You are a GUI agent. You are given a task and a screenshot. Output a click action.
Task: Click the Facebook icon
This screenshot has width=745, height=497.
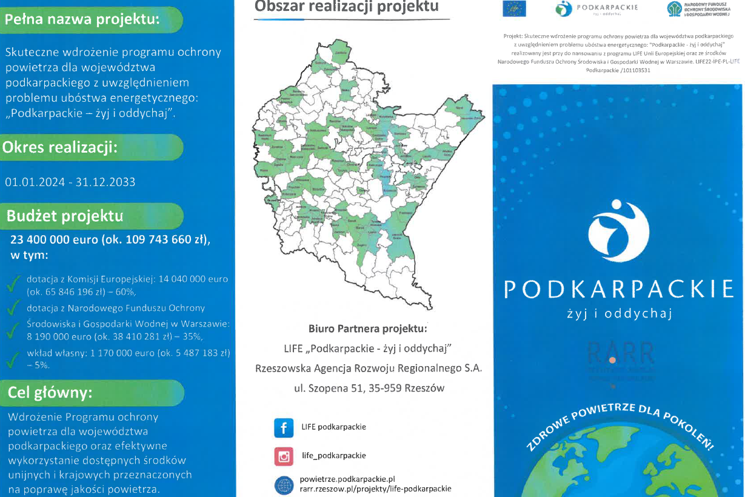pos(283,427)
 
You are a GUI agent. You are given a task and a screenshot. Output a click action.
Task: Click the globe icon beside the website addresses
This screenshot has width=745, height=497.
pos(283,485)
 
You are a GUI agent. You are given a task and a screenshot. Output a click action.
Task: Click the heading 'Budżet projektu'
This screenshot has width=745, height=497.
pos(65,216)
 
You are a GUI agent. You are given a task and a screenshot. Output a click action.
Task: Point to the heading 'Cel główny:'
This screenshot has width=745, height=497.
pos(50,393)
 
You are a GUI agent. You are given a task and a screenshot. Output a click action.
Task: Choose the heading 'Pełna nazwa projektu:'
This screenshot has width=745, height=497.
pos(82,19)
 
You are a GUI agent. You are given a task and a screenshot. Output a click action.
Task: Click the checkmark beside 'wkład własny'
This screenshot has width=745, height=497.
pos(12,359)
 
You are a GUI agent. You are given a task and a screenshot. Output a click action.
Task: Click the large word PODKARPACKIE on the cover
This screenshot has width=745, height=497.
pos(619,289)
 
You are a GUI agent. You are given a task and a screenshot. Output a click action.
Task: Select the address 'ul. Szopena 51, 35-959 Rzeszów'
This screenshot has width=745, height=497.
pos(369,388)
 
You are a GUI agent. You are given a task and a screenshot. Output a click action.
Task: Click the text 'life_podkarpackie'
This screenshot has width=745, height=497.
pos(334,455)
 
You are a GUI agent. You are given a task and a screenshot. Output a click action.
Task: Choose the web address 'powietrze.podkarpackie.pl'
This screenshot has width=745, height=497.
pos(347,479)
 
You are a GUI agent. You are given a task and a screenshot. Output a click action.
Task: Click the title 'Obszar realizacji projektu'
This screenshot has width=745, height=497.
pos(347,7)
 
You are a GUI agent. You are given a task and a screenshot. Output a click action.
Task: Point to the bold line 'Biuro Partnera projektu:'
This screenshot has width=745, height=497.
pos(368,329)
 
